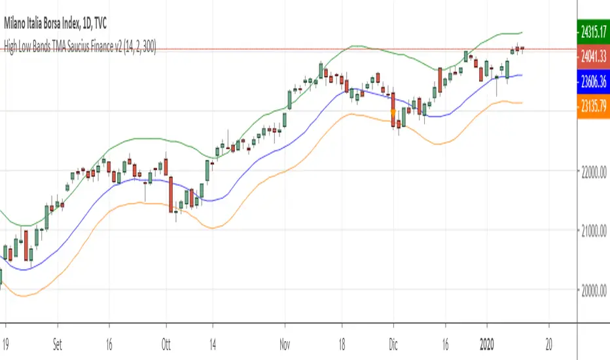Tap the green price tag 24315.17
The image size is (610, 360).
click(592, 30)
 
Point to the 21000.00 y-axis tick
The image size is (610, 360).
click(592, 230)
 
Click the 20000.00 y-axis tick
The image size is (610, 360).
click(592, 290)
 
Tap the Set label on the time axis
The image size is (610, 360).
click(57, 331)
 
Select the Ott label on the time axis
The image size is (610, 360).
click(166, 331)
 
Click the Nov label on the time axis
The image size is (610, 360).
click(285, 331)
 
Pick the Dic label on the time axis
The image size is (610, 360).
click(393, 331)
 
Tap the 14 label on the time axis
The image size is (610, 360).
click(213, 331)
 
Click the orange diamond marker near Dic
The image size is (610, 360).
click(393, 112)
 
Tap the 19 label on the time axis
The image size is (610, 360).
click(7, 331)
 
